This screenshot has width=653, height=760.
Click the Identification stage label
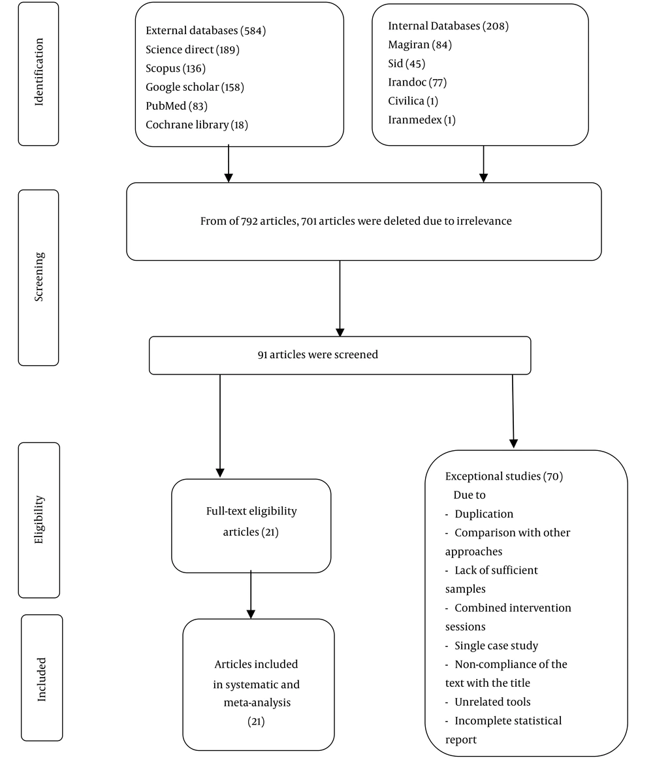point(39,73)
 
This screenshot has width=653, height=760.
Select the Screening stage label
point(39,277)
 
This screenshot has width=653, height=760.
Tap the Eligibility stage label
point(39,520)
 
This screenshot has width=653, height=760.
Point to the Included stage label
point(42,679)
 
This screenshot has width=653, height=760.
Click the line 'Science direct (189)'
point(193,50)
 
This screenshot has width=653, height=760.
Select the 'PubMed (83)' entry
point(176,106)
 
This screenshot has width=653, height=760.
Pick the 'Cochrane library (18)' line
point(197,125)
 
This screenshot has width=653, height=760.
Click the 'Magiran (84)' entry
point(419,44)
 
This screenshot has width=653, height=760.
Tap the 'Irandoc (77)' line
point(417,82)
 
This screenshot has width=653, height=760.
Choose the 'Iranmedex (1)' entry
point(421,120)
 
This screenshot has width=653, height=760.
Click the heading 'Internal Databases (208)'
point(448,25)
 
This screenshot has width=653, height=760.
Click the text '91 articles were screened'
point(318,354)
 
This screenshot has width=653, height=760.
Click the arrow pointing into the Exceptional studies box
point(513,412)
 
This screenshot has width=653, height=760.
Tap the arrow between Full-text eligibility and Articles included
point(251,595)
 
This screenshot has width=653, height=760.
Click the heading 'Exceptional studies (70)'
point(504,476)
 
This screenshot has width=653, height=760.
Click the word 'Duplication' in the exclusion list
point(483,514)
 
